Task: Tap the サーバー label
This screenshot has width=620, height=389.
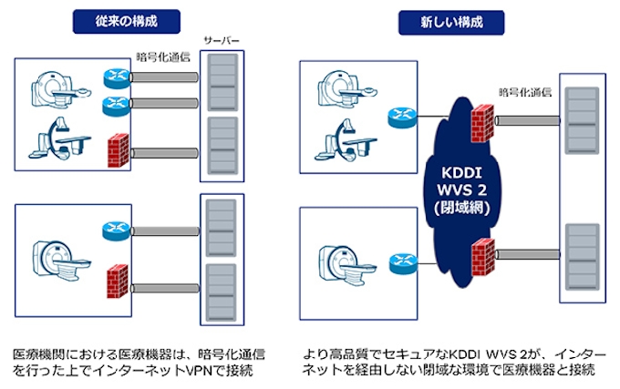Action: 222,42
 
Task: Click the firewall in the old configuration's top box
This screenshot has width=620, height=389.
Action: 117,149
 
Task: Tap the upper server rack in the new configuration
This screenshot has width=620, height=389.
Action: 581,123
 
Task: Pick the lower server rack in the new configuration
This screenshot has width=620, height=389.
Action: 581,260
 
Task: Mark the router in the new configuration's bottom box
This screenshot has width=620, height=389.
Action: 400,261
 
